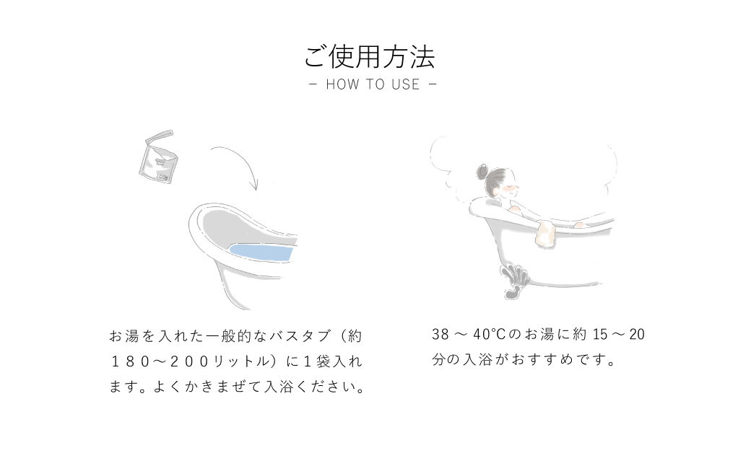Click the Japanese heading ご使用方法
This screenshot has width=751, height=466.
[x=369, y=58]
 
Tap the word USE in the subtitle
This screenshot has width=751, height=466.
[x=405, y=84]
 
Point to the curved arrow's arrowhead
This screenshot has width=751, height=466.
[x=256, y=185]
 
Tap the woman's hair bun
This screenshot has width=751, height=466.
[x=482, y=171]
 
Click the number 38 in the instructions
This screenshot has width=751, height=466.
[x=440, y=334]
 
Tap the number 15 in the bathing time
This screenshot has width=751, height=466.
[x=600, y=334]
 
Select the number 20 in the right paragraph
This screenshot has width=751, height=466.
[x=637, y=334]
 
